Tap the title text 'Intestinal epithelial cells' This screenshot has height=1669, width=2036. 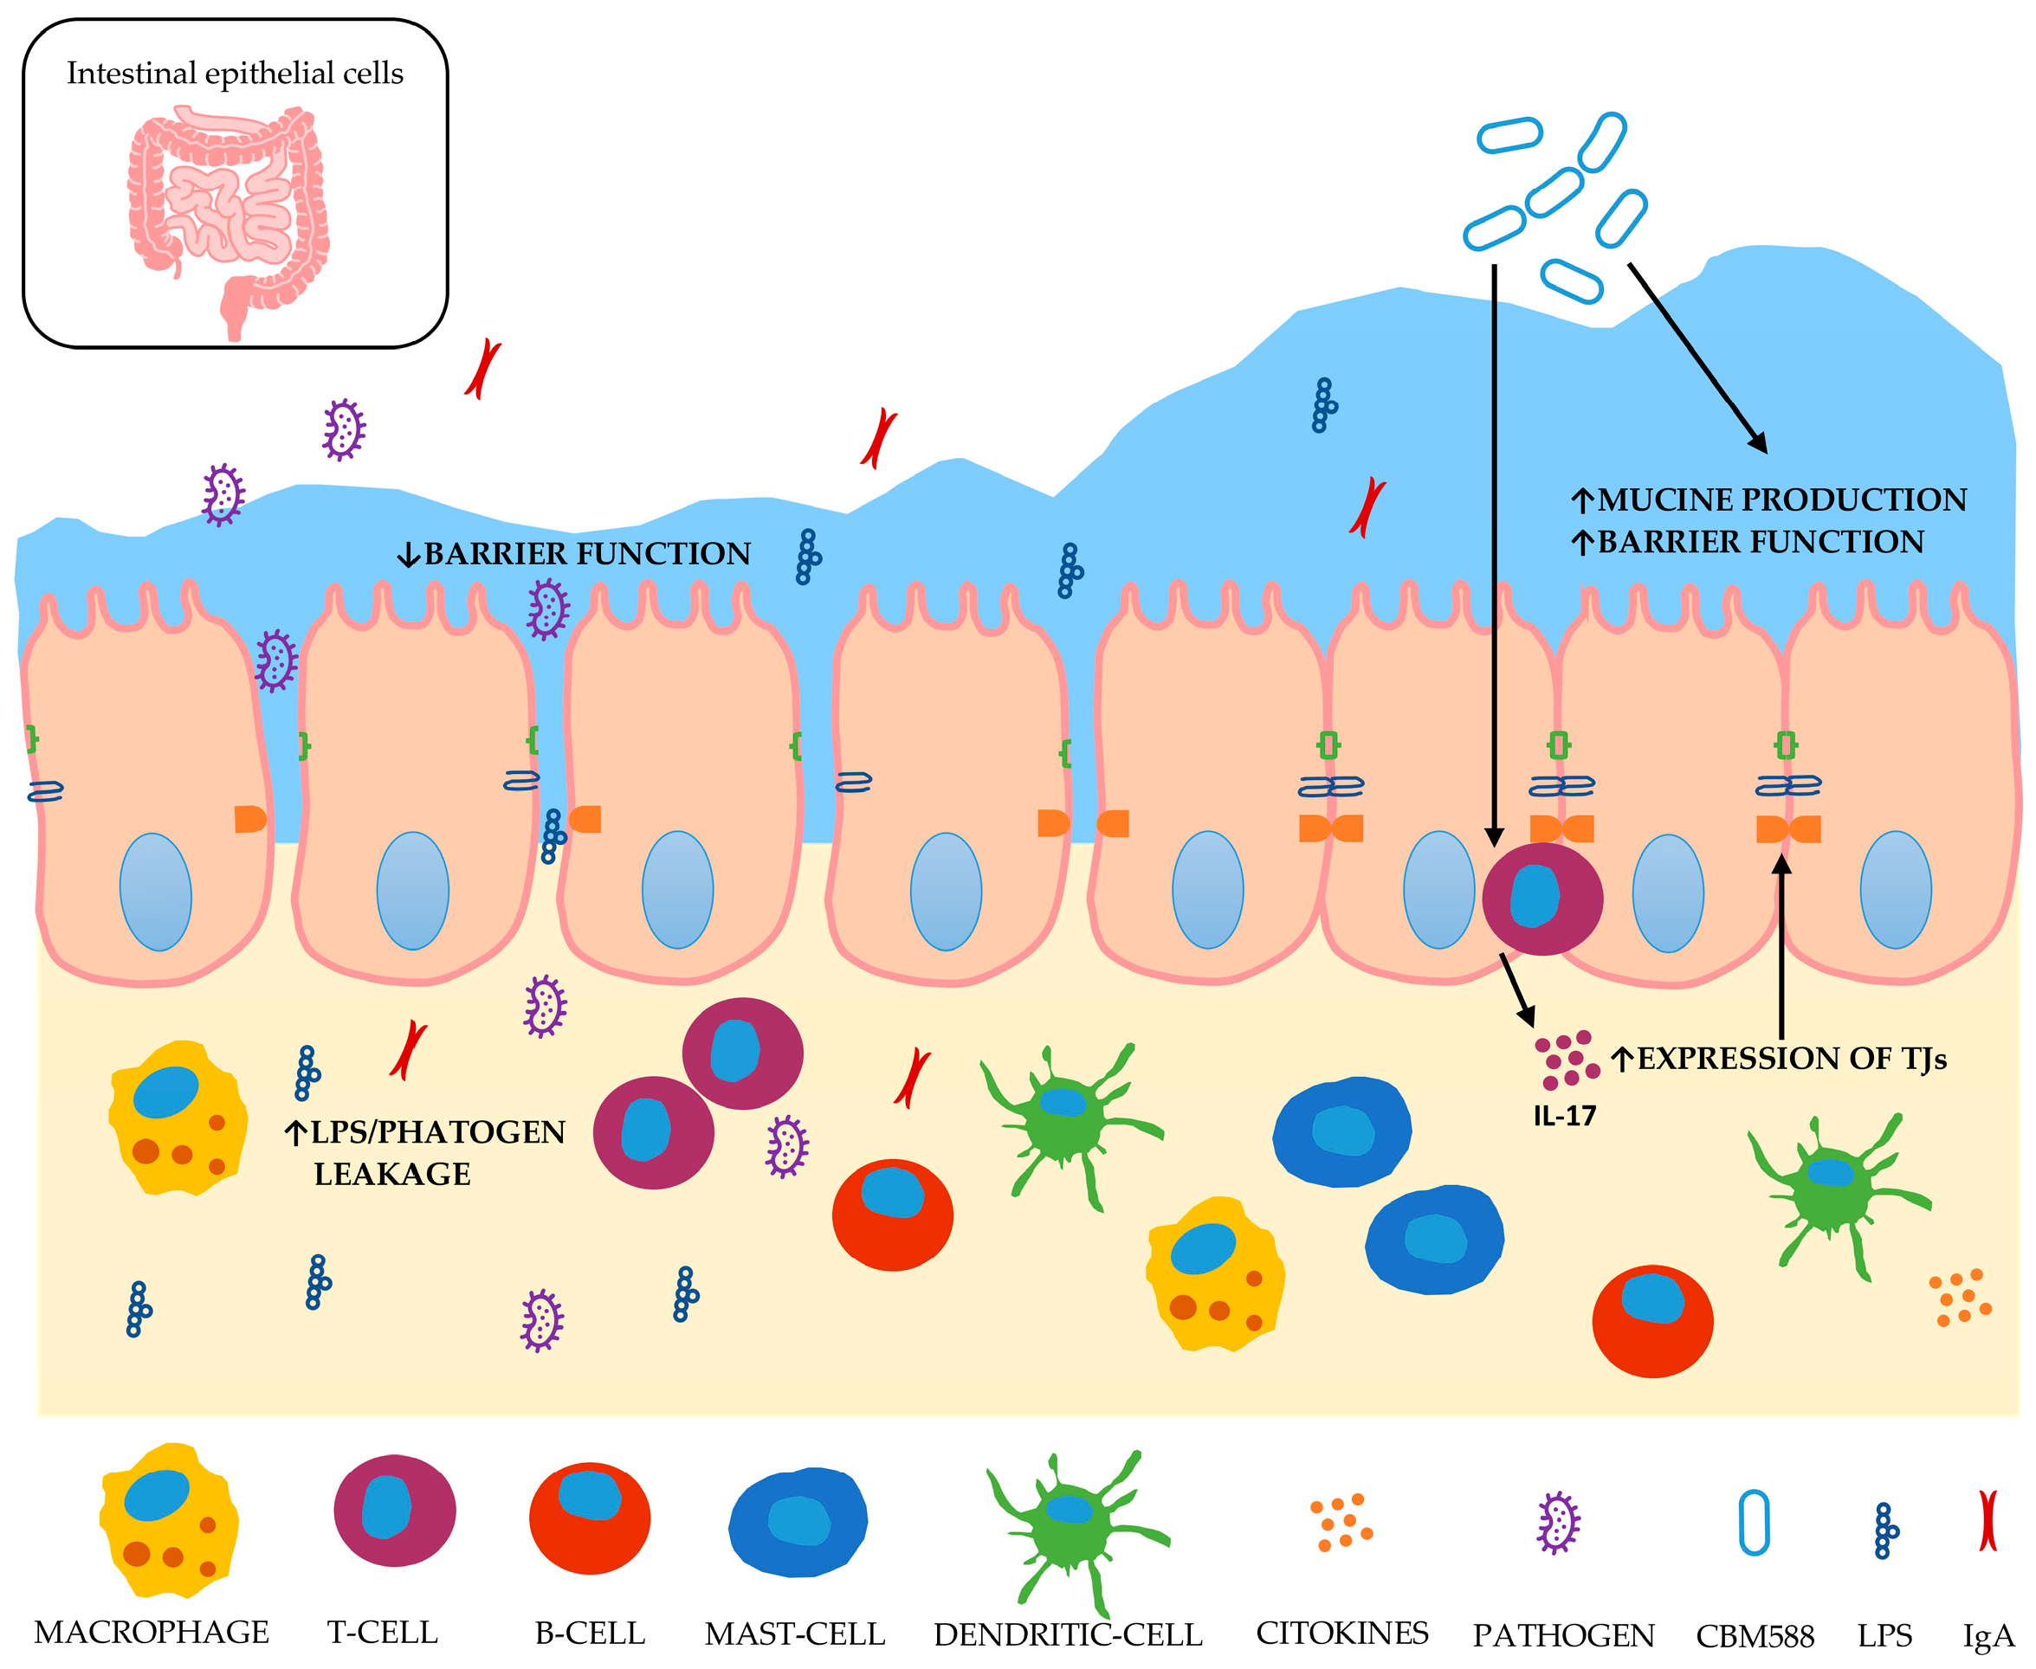[x=235, y=74]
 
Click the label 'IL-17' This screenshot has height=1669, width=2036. [x=1565, y=1116]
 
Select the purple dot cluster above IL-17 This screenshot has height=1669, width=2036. [x=1566, y=1060]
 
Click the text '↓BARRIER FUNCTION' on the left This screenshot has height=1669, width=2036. [x=574, y=554]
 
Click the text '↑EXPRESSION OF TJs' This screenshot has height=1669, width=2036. [x=1778, y=1059]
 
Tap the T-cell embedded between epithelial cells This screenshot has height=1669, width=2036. [x=1542, y=899]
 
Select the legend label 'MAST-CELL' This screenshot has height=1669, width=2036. [x=794, y=1634]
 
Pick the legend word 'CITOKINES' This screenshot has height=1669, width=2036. [x=1341, y=1633]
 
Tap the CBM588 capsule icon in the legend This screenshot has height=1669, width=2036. [x=1755, y=1522]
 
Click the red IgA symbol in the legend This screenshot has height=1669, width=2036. [x=1987, y=1520]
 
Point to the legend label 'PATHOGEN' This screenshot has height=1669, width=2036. [x=1564, y=1634]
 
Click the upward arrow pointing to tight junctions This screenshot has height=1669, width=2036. [x=1781, y=947]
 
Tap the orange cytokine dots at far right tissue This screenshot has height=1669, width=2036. [x=1959, y=1298]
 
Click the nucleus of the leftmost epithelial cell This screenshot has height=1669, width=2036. [x=155, y=892]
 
